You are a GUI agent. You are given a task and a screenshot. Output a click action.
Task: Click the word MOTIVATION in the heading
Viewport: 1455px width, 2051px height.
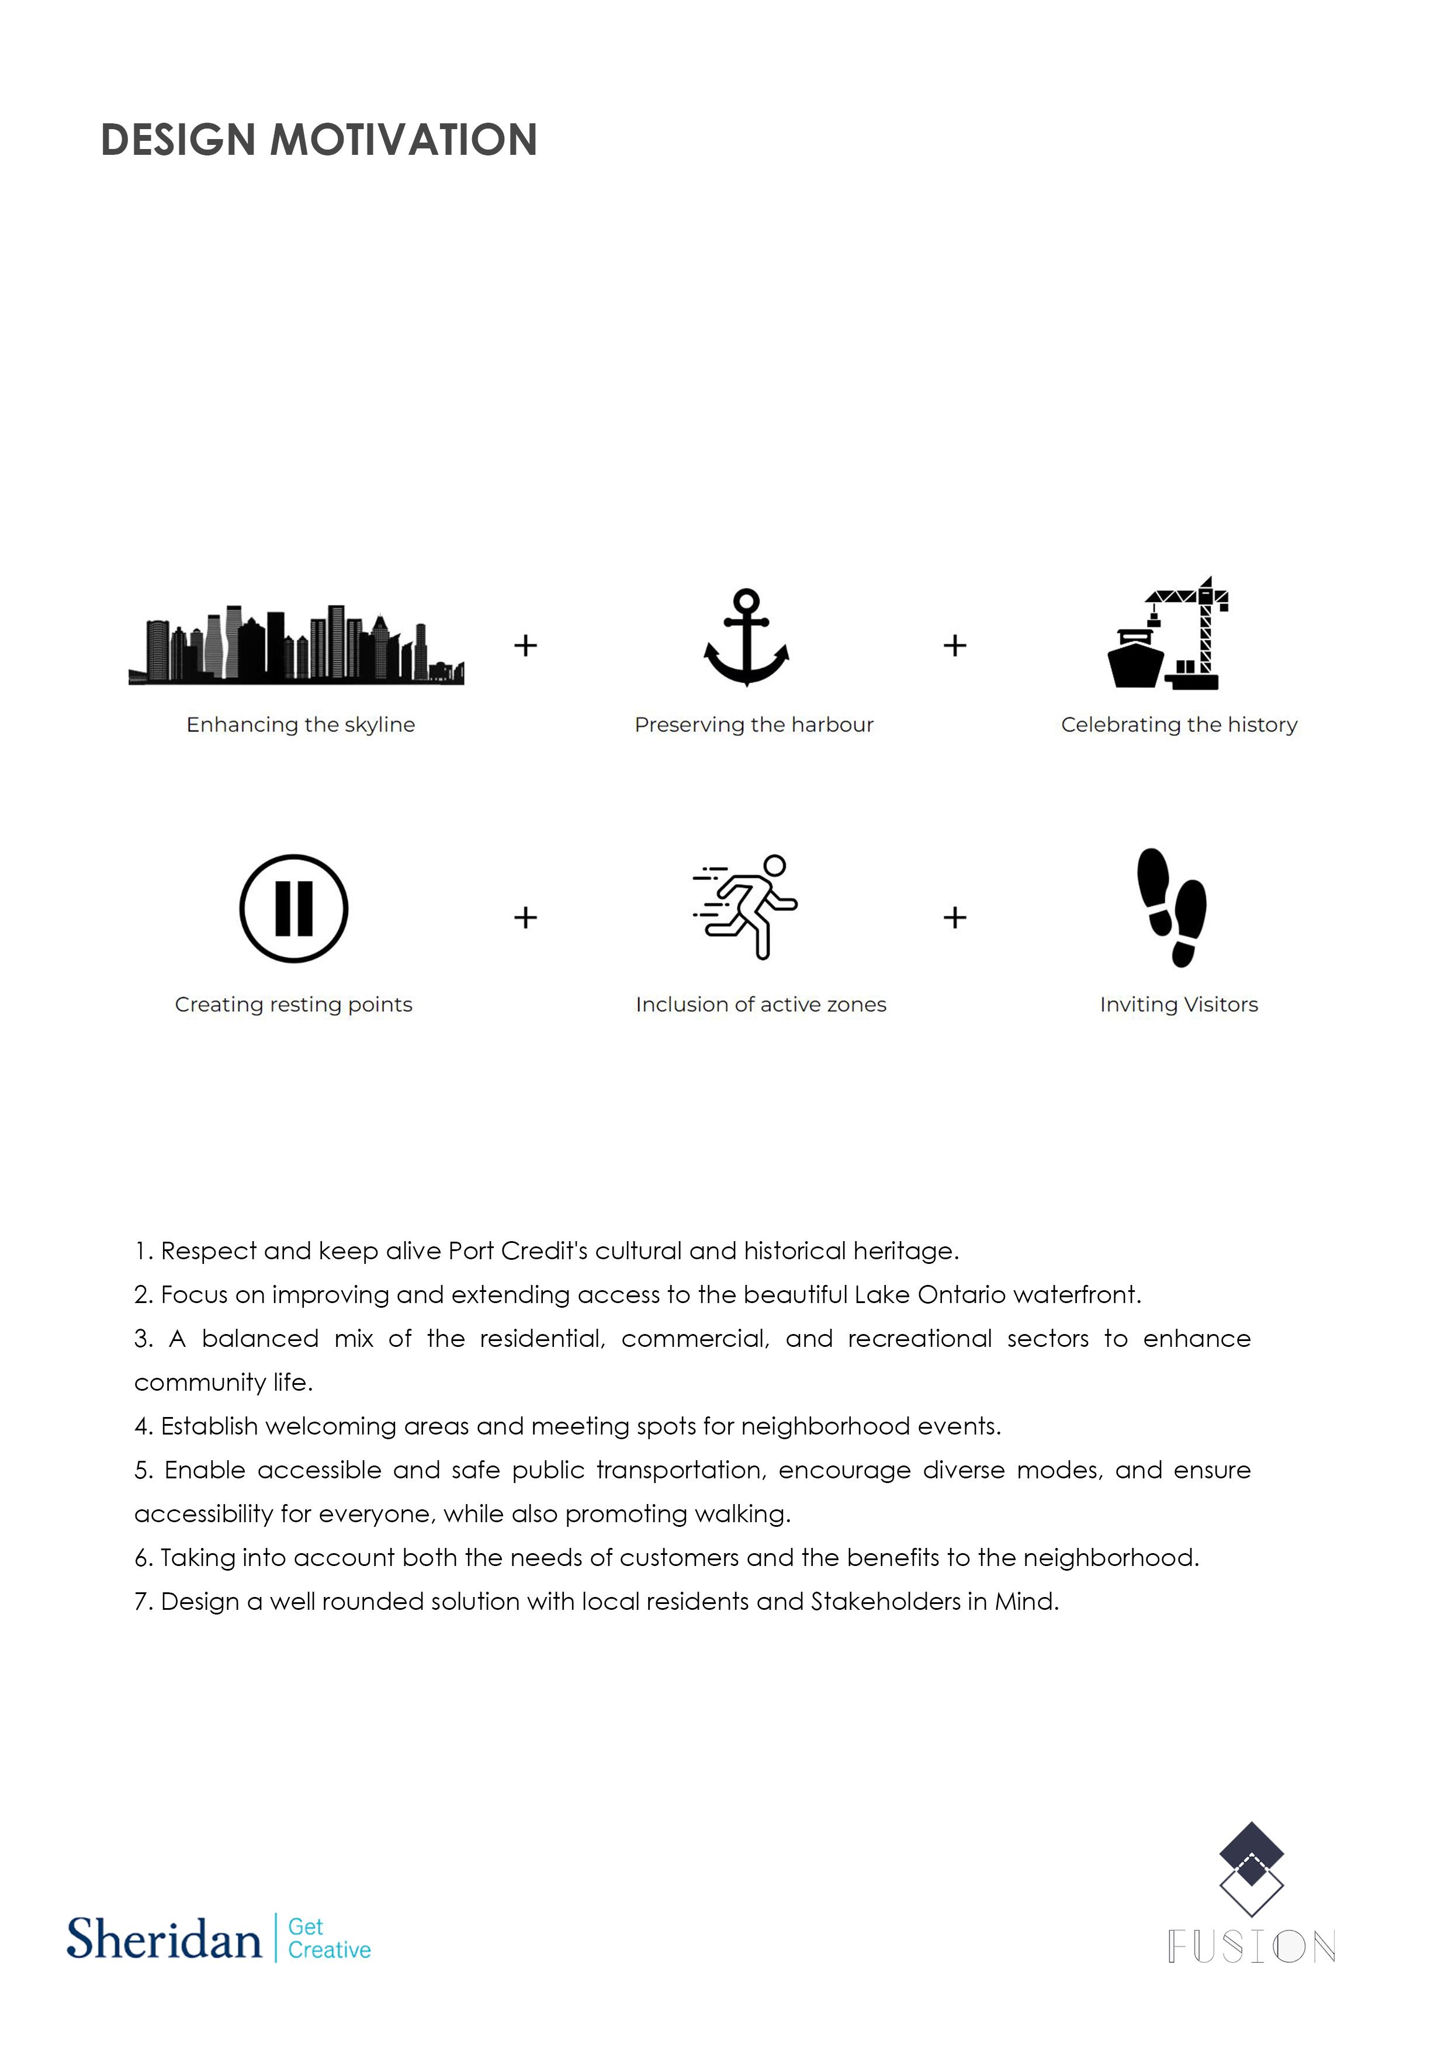403,141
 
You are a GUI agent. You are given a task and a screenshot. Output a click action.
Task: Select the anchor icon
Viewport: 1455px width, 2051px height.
746,638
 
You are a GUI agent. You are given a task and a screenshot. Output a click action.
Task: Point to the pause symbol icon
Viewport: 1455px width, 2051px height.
294,909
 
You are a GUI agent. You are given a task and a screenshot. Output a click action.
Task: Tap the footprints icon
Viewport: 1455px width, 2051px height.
1172,907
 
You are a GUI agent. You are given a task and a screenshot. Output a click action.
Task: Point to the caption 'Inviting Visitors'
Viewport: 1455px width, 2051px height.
1178,1004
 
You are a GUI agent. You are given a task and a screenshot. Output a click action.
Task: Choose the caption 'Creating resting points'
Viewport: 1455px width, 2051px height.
294,1004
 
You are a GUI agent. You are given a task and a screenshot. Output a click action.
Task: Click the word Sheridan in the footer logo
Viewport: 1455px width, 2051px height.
164,1940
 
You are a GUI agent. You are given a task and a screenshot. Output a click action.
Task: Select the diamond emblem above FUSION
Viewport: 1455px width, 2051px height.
1252,1868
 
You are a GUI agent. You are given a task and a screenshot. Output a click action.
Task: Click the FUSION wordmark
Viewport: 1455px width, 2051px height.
1252,1947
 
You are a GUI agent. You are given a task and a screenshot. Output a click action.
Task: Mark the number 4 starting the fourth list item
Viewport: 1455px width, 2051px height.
141,1426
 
